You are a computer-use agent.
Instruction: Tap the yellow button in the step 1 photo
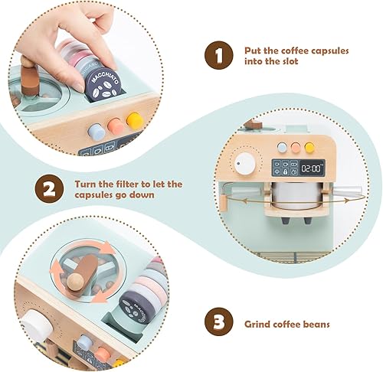(x=134, y=121)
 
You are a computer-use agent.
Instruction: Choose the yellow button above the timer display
(x=309, y=147)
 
